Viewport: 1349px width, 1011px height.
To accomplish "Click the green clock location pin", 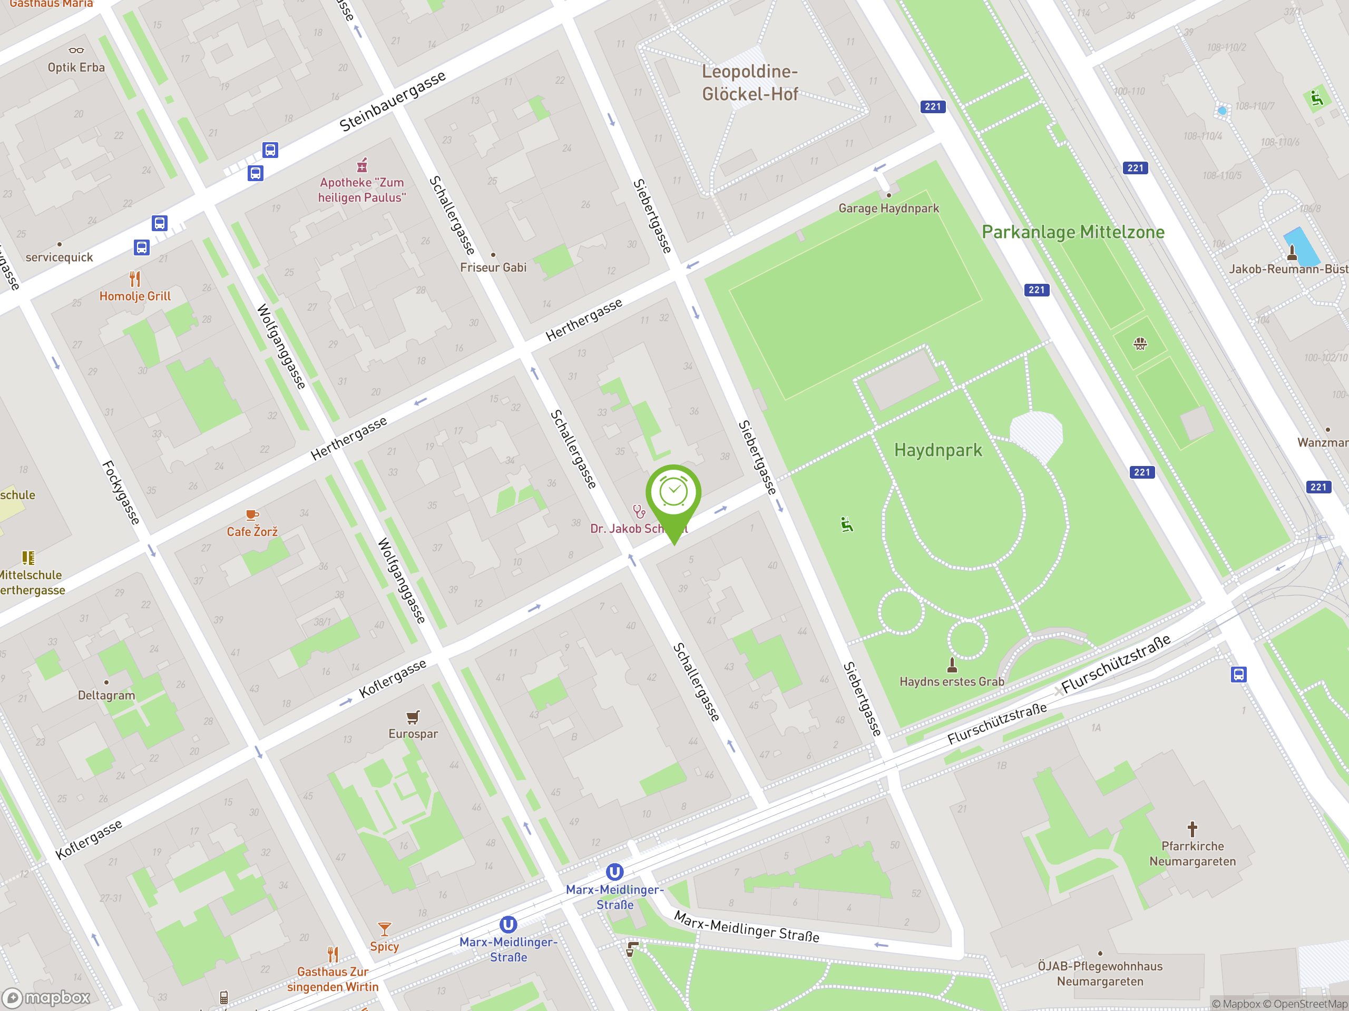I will [x=673, y=493].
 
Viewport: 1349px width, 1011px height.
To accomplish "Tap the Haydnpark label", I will [x=938, y=450].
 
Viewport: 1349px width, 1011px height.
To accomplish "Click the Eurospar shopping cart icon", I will [x=413, y=717].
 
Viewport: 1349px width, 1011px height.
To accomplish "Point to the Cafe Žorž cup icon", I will [x=252, y=515].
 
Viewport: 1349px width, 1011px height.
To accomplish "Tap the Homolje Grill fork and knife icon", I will [x=135, y=279].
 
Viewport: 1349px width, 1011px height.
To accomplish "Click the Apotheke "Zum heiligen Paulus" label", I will [x=361, y=190].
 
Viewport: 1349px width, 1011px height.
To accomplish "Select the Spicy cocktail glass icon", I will [x=384, y=929].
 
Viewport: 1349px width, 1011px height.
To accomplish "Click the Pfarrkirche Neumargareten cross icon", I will [x=1192, y=829].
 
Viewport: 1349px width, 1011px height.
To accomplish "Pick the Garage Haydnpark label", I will [x=888, y=209].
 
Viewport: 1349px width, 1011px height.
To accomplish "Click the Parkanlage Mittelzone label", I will [x=1073, y=232].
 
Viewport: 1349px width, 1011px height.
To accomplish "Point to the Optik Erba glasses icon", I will [x=76, y=51].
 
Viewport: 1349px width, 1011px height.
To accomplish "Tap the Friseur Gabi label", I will [x=493, y=267].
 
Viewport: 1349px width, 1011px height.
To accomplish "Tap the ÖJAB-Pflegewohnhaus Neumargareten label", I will [x=1100, y=973].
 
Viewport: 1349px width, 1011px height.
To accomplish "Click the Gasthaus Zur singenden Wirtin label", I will [x=333, y=979].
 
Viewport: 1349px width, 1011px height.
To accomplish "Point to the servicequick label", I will [x=59, y=257].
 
